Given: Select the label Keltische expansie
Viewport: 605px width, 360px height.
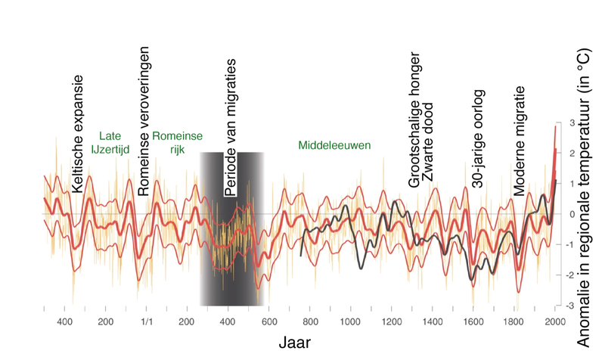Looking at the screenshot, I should coord(78,134).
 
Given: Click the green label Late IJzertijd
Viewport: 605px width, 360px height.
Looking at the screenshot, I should coord(110,143).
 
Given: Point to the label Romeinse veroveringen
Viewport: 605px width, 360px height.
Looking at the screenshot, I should coord(144,121).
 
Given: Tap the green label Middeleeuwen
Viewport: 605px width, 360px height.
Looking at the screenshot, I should coord(334,144).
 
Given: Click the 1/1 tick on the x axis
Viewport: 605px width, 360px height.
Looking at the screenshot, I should coord(147,321).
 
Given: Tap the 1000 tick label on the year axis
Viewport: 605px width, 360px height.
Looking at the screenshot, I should coord(349,321).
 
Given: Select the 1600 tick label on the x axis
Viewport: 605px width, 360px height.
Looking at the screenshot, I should coord(473,321).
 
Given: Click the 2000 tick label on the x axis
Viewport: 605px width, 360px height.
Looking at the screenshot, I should coord(554,321).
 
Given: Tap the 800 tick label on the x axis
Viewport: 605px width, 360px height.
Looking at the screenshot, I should coord(310,321).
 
